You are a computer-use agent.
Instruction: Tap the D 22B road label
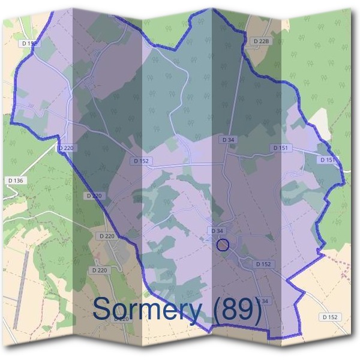coord(260,41)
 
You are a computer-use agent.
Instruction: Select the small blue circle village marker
coord(223,245)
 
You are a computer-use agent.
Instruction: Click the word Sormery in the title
coord(147,310)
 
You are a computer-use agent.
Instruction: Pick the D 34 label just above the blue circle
coord(218,231)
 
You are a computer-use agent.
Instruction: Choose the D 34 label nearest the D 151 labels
coord(228,140)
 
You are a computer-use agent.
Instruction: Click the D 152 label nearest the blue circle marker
coord(263,264)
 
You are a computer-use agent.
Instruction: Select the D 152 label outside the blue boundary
coord(331,317)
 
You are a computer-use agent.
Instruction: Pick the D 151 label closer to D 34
coord(280,148)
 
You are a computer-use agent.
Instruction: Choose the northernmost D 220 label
coord(65,148)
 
